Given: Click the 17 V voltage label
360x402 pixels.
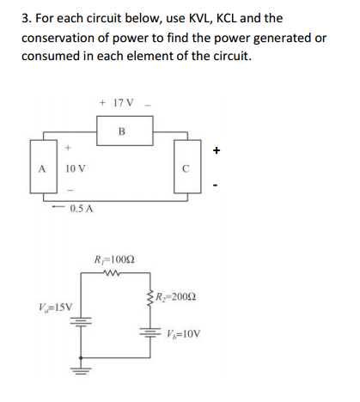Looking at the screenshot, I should [x=118, y=103].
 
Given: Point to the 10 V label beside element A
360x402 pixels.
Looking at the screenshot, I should [x=72, y=168].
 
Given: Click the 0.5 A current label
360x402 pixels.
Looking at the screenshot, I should [x=82, y=209].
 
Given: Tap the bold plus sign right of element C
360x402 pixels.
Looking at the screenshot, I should [x=219, y=151].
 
